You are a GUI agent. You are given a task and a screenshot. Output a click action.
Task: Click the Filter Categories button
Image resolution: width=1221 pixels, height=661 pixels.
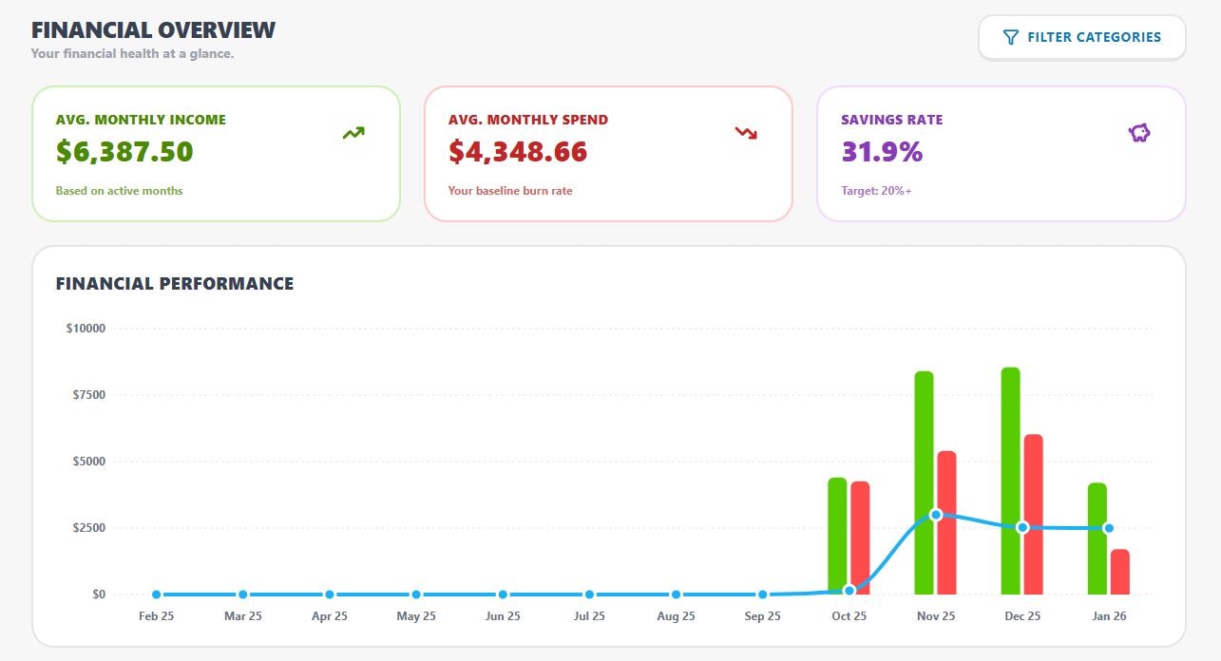tap(1082, 38)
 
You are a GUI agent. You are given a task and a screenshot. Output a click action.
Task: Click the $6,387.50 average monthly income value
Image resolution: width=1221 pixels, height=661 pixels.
tap(124, 152)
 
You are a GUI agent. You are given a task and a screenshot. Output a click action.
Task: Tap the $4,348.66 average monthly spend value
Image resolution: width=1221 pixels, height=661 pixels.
tap(518, 152)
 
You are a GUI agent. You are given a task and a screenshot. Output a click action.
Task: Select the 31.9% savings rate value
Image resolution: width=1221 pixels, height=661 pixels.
tap(882, 152)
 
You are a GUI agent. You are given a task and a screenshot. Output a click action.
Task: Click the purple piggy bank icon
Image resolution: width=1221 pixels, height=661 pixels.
tap(1139, 134)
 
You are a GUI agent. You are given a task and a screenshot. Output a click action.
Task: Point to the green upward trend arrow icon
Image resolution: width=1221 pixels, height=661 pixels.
tap(353, 134)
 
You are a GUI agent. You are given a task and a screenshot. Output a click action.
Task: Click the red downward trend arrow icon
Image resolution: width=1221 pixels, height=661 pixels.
tap(746, 134)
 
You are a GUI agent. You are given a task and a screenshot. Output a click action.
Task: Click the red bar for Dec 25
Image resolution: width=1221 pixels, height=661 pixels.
tap(1034, 514)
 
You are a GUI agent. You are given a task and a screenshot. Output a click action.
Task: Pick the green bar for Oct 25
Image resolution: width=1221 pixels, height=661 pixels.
tap(837, 532)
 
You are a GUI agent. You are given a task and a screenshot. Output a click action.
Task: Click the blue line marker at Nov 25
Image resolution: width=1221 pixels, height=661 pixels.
tap(936, 515)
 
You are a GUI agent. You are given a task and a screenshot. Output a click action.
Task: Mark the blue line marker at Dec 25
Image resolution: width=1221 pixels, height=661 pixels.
tap(1022, 527)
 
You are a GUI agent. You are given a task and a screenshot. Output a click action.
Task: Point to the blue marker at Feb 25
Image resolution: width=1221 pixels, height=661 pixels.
tap(156, 595)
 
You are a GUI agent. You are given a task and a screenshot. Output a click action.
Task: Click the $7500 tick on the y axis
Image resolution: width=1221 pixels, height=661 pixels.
tap(88, 395)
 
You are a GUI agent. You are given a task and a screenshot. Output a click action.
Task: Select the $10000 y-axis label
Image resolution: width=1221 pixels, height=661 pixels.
tap(86, 329)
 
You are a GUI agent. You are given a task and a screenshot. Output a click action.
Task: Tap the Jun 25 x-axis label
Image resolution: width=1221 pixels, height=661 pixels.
tap(503, 616)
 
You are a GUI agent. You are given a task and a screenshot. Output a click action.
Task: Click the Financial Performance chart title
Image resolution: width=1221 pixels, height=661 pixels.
tap(175, 284)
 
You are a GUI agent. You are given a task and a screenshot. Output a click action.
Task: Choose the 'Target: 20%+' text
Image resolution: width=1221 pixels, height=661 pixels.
tap(876, 191)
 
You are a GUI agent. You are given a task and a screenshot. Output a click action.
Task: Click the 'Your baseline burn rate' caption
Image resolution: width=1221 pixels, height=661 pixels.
tap(510, 191)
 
